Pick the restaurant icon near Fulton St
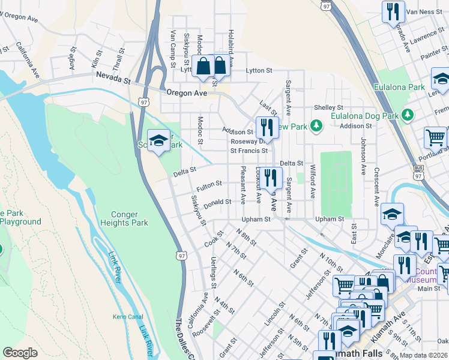click(271, 177)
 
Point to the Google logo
click(20, 353)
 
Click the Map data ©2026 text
click(424, 355)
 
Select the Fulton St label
click(210, 184)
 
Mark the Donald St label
click(217, 203)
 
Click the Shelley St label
click(328, 107)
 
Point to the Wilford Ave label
click(313, 182)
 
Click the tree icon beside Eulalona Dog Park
click(408, 114)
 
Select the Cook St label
click(214, 240)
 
